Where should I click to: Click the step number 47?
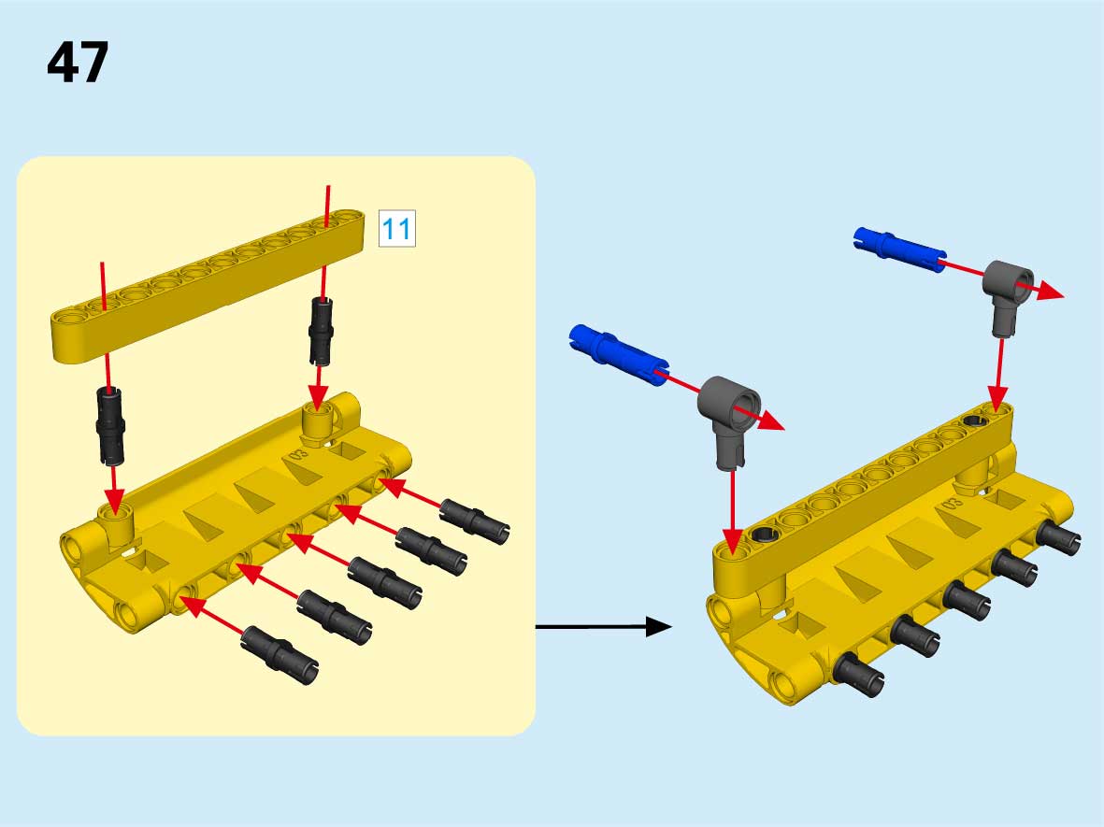[79, 62]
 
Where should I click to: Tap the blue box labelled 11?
[397, 228]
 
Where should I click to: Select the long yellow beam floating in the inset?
[208, 284]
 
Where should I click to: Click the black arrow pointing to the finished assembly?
[603, 626]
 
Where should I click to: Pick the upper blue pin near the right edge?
[899, 250]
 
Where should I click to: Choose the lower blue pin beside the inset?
[618, 354]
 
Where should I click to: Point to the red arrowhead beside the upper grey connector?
[1051, 291]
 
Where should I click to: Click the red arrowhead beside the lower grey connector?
[771, 421]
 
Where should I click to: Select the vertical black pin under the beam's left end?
[109, 426]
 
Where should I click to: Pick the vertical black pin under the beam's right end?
[321, 331]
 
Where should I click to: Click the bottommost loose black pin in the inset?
[280, 655]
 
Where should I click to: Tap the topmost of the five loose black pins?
[475, 521]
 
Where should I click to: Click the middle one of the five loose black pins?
[385, 581]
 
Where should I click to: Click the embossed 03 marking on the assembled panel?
[952, 504]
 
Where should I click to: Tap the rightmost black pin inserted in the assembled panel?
[1058, 537]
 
